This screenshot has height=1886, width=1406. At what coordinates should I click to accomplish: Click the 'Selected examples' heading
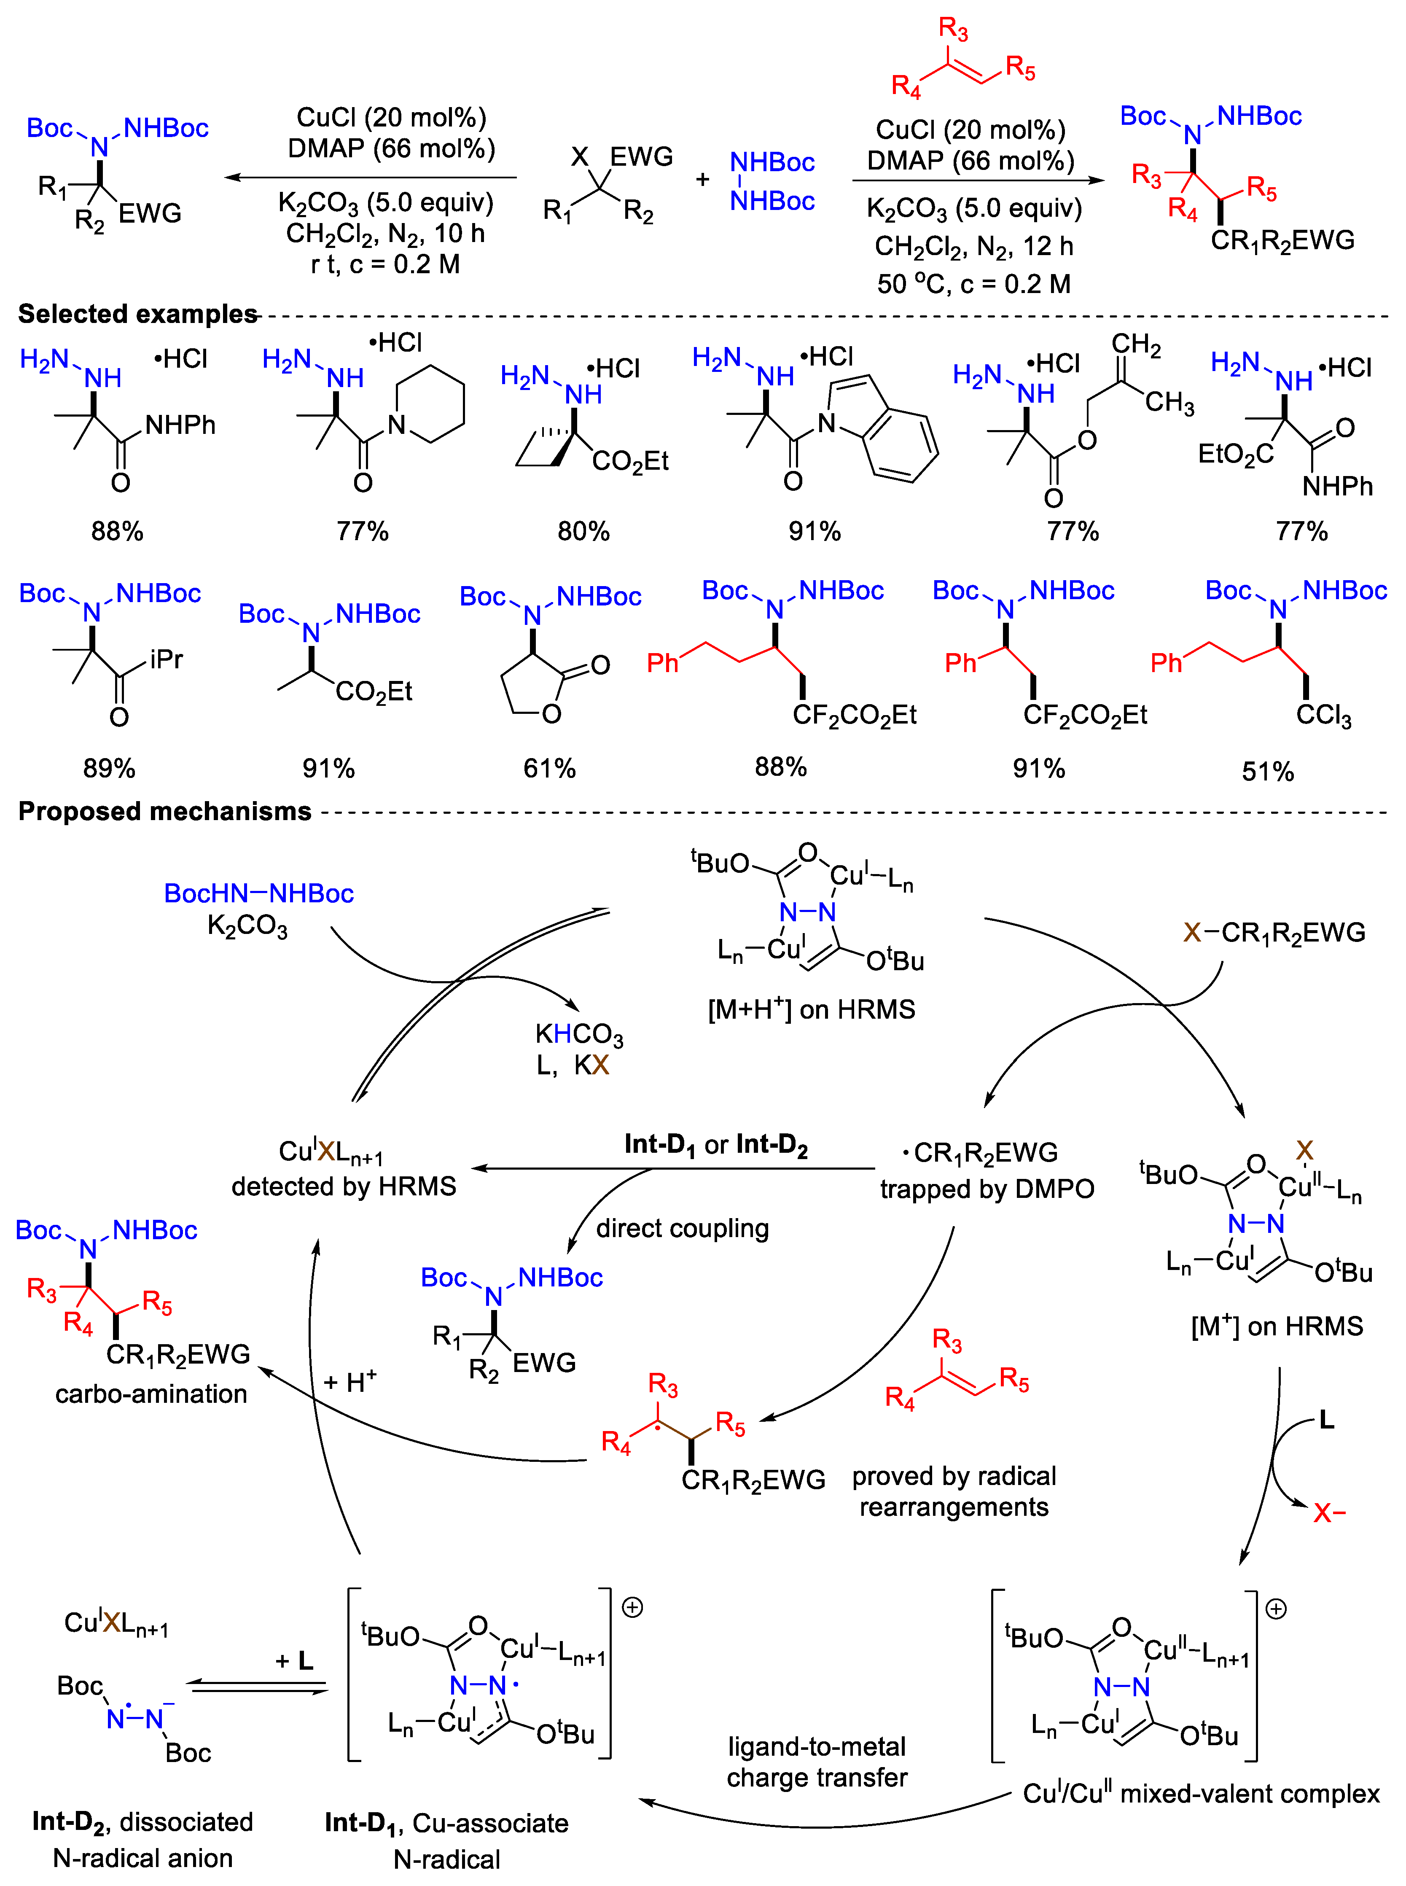coord(138,314)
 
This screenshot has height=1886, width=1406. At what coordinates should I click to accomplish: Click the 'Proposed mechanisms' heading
coord(165,811)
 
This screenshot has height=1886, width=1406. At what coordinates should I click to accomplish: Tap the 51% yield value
coord(1267,771)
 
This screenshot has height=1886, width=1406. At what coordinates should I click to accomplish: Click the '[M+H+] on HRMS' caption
coord(811,1009)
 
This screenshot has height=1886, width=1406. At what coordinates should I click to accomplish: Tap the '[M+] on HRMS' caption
coord(1277,1326)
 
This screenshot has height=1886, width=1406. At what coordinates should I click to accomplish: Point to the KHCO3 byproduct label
coord(579,1034)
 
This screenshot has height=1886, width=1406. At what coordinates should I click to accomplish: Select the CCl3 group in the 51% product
coord(1323,715)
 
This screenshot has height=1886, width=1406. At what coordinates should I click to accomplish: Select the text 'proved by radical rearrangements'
coord(954,1491)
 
